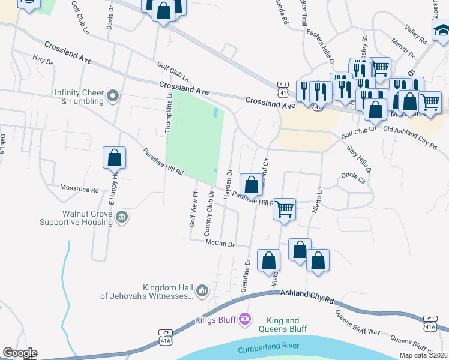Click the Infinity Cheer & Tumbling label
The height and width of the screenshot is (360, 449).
79,97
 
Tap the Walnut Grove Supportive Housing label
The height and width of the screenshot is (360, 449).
76,218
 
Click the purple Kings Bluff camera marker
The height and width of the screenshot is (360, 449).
244,319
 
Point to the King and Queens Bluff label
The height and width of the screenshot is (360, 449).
283,325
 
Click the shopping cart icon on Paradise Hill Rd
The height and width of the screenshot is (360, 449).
285,209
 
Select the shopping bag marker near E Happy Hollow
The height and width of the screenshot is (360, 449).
114,158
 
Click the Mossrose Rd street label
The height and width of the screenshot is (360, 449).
79,188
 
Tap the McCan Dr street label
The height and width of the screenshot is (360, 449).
219,244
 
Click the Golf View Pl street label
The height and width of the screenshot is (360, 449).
193,209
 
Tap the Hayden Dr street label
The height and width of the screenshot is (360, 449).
228,184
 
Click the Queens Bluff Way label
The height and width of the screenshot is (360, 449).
358,323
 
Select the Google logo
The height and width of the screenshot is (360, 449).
20,353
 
